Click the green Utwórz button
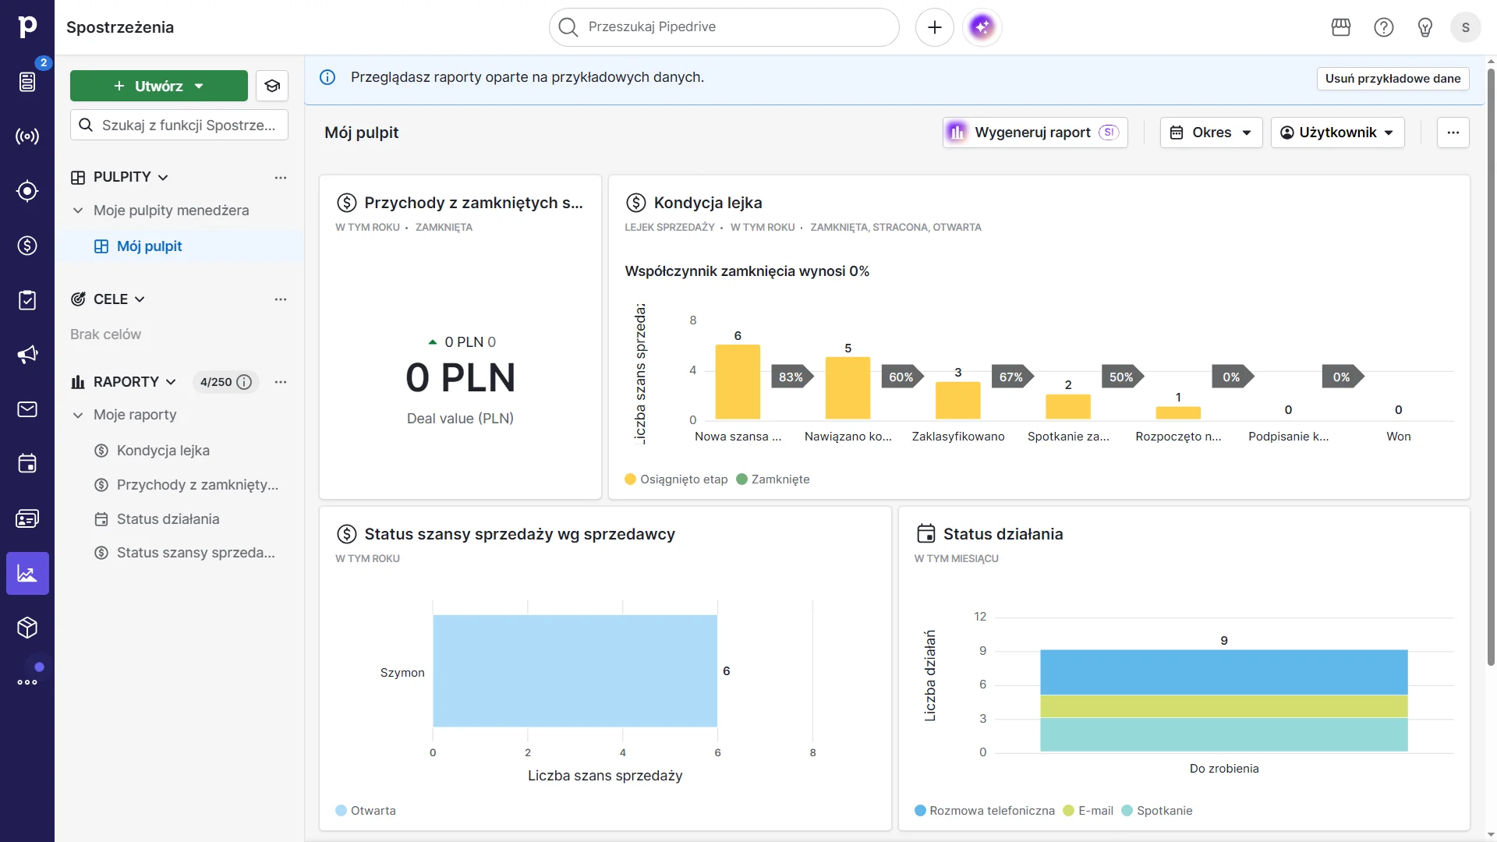click(x=158, y=86)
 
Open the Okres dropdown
click(x=1211, y=133)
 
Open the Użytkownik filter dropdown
click(x=1337, y=133)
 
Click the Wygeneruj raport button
click(x=1034, y=133)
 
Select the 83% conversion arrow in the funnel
click(x=791, y=377)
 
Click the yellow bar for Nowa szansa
click(x=738, y=382)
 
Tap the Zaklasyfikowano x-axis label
click(x=957, y=437)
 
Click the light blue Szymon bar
click(x=575, y=671)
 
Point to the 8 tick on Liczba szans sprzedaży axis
click(x=812, y=752)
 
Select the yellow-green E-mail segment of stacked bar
click(x=1223, y=706)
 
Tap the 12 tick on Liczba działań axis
click(x=980, y=617)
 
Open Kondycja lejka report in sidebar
click(x=163, y=451)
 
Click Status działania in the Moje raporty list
click(x=168, y=519)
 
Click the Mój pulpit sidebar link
click(x=149, y=246)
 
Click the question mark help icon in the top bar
click(x=1383, y=27)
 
